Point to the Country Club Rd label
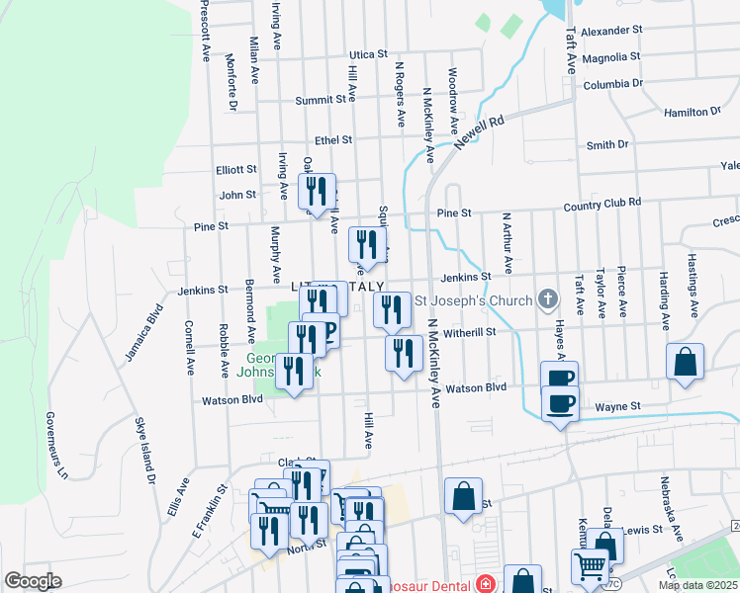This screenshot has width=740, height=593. [602, 204]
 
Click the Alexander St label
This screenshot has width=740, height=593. [611, 32]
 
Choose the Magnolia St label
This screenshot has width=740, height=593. [612, 58]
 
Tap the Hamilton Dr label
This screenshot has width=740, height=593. [693, 113]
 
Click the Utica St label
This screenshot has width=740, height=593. [365, 55]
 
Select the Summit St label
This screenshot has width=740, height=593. [325, 100]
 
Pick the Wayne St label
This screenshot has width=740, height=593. [617, 406]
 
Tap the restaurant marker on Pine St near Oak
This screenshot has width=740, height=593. [318, 190]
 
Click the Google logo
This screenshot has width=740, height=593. [33, 581]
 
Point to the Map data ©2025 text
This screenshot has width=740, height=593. [697, 585]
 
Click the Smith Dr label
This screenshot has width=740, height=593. [607, 145]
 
